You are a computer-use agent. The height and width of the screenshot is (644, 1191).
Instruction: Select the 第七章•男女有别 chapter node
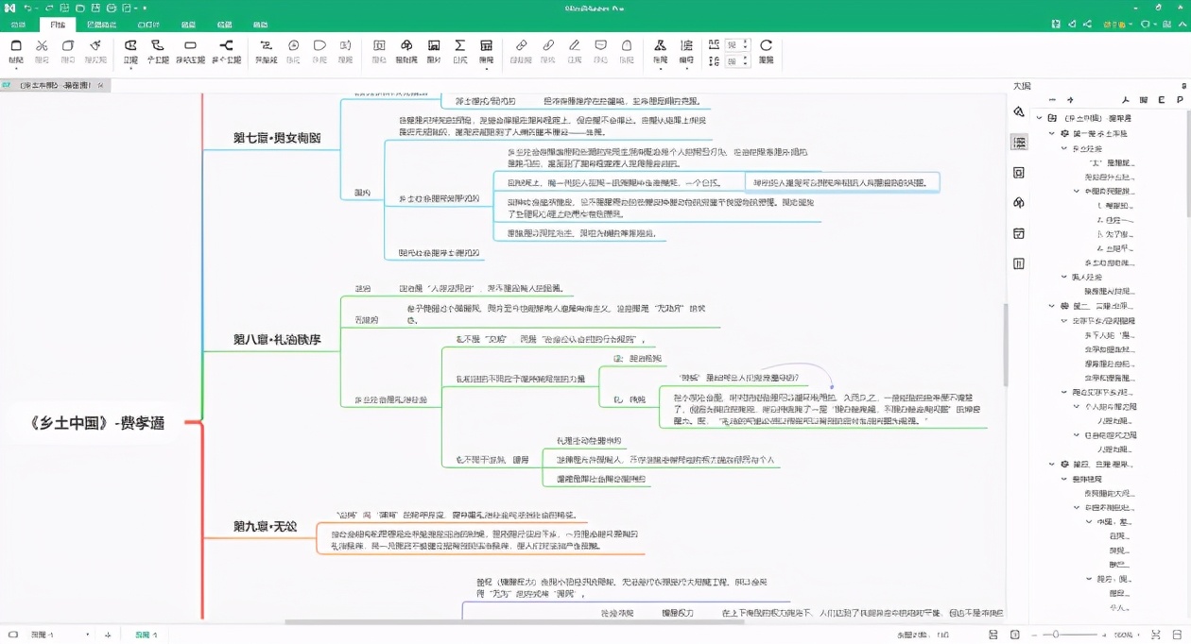tap(277, 138)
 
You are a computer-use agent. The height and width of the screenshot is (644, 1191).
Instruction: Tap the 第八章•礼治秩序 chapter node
tap(277, 339)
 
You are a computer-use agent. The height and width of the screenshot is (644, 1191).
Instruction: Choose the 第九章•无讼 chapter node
tap(265, 526)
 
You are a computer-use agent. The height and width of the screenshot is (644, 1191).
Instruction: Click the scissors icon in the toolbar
tap(42, 45)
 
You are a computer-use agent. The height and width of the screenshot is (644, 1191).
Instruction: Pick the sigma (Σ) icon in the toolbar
tap(460, 45)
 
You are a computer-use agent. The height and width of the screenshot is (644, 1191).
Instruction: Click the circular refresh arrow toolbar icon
tap(766, 45)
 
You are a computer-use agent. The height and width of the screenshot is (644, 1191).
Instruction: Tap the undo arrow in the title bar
tap(28, 8)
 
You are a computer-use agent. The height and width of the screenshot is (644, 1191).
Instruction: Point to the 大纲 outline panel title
tap(1022, 86)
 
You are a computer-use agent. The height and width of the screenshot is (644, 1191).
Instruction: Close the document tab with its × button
tap(101, 85)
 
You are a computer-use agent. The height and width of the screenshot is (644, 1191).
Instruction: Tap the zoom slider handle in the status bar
tap(1056, 635)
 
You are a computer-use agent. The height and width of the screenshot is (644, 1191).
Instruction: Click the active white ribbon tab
tap(58, 25)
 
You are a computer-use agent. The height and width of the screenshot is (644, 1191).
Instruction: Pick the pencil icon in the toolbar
tap(574, 45)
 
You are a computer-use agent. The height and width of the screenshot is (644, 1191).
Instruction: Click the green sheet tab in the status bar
tap(146, 635)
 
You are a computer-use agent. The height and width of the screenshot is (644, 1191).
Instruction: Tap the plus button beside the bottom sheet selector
tap(109, 635)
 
